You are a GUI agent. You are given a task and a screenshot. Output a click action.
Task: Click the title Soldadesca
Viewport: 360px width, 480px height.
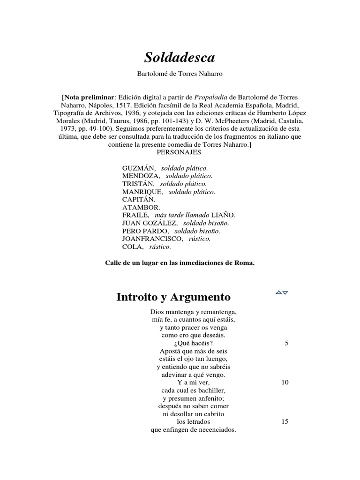(x=180, y=58)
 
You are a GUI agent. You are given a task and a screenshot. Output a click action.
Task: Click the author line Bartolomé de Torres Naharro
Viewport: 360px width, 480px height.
(x=180, y=74)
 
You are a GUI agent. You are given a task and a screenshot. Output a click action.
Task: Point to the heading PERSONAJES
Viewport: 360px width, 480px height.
(x=180, y=153)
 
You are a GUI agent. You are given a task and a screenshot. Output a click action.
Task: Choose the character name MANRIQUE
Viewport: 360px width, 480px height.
(x=142, y=192)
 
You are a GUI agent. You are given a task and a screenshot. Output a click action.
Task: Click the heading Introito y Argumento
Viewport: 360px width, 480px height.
(x=173, y=297)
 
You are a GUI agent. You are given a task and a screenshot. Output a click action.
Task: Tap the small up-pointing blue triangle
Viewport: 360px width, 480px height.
(x=278, y=292)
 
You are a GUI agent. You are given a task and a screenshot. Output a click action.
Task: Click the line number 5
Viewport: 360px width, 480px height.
(x=286, y=343)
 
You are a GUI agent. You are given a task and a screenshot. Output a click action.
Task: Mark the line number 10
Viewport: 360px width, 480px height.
(x=285, y=382)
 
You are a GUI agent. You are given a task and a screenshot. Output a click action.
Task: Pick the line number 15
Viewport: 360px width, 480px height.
(x=285, y=421)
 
